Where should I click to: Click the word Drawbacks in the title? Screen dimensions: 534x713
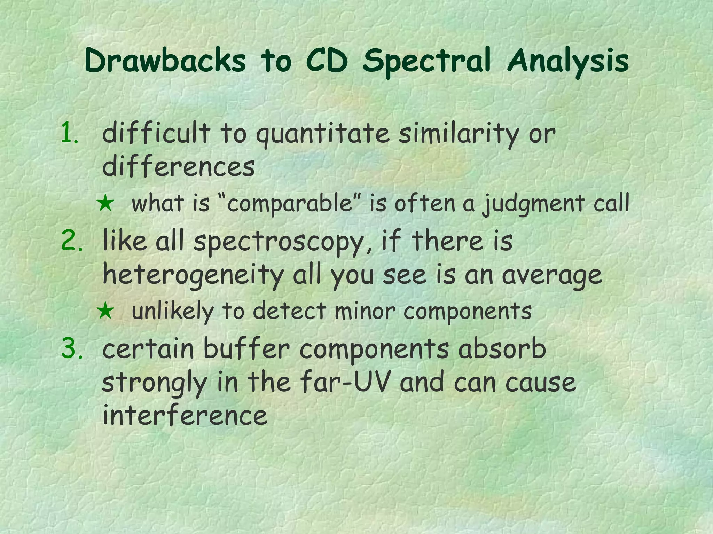[x=165, y=61]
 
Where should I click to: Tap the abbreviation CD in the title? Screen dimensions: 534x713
[x=327, y=61]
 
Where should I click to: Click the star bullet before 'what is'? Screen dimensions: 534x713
[x=105, y=204]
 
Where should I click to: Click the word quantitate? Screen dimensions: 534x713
[x=323, y=134]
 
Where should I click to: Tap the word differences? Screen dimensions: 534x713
[x=178, y=166]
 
